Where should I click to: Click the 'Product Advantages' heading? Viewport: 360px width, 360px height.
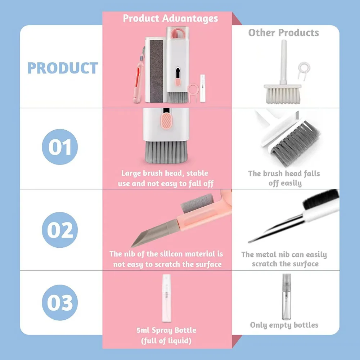(170, 18)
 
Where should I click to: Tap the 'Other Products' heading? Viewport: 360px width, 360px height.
(284, 33)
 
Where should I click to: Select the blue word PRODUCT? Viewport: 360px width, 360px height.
(63, 68)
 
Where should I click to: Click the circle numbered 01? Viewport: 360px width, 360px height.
(60, 147)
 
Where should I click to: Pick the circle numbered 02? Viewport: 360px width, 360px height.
(60, 230)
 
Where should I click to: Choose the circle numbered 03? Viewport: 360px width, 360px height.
(60, 303)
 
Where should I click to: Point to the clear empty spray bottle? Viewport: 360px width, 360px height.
(286, 297)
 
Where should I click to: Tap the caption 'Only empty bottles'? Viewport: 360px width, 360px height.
(284, 325)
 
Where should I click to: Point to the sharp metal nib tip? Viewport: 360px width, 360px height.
(259, 238)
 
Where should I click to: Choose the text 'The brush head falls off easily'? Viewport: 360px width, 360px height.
(284, 178)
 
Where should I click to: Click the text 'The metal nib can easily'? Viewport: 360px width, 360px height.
(284, 255)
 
